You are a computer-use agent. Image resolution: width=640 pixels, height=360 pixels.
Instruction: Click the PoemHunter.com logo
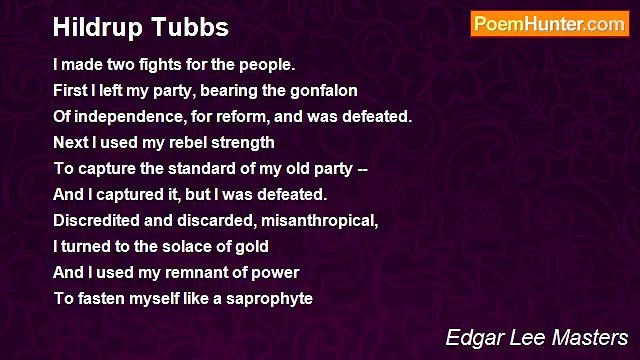click(x=549, y=24)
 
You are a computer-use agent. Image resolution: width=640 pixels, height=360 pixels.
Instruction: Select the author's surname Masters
click(x=584, y=336)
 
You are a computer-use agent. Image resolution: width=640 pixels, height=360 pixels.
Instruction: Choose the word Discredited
click(x=94, y=221)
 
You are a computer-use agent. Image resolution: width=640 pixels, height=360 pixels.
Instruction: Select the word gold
click(x=254, y=247)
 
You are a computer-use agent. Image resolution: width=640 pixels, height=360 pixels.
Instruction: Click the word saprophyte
click(x=270, y=299)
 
